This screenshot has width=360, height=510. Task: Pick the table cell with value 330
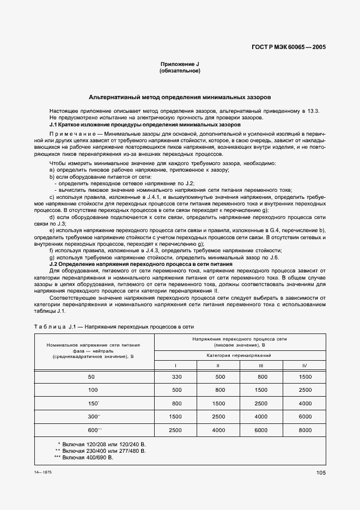coord(176,377)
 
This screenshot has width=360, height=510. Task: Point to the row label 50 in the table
coord(90,377)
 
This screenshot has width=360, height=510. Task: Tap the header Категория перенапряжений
coord(240,355)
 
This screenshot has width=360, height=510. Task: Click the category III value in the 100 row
coord(261,390)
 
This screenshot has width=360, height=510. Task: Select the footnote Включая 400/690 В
coord(87,458)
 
